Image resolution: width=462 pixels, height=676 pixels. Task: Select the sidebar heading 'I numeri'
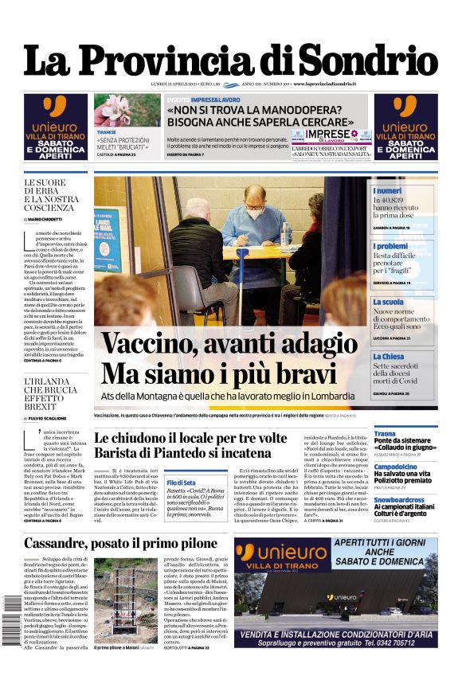[387, 191]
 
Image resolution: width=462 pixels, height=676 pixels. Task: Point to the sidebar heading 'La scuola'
[388, 303]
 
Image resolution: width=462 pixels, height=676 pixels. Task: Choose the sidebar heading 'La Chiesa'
[389, 357]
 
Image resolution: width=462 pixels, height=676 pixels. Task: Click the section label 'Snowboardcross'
[400, 499]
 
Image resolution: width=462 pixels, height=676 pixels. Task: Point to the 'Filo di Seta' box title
[182, 483]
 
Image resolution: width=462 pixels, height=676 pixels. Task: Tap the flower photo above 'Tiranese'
[127, 110]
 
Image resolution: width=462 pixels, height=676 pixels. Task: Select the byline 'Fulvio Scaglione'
[55, 418]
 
